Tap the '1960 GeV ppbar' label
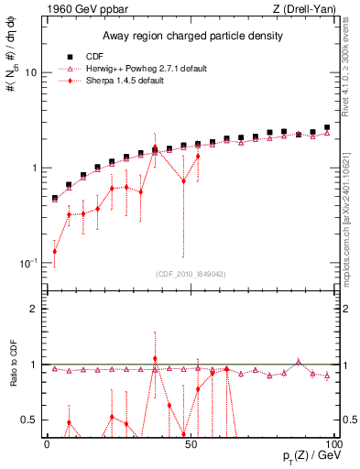pyautogui.click(x=82, y=9)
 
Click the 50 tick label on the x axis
pyautogui.click(x=189, y=443)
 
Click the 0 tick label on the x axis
pyautogui.click(x=47, y=443)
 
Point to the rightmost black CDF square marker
pyautogui.click(x=327, y=127)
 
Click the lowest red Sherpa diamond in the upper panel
pyautogui.click(x=54, y=251)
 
